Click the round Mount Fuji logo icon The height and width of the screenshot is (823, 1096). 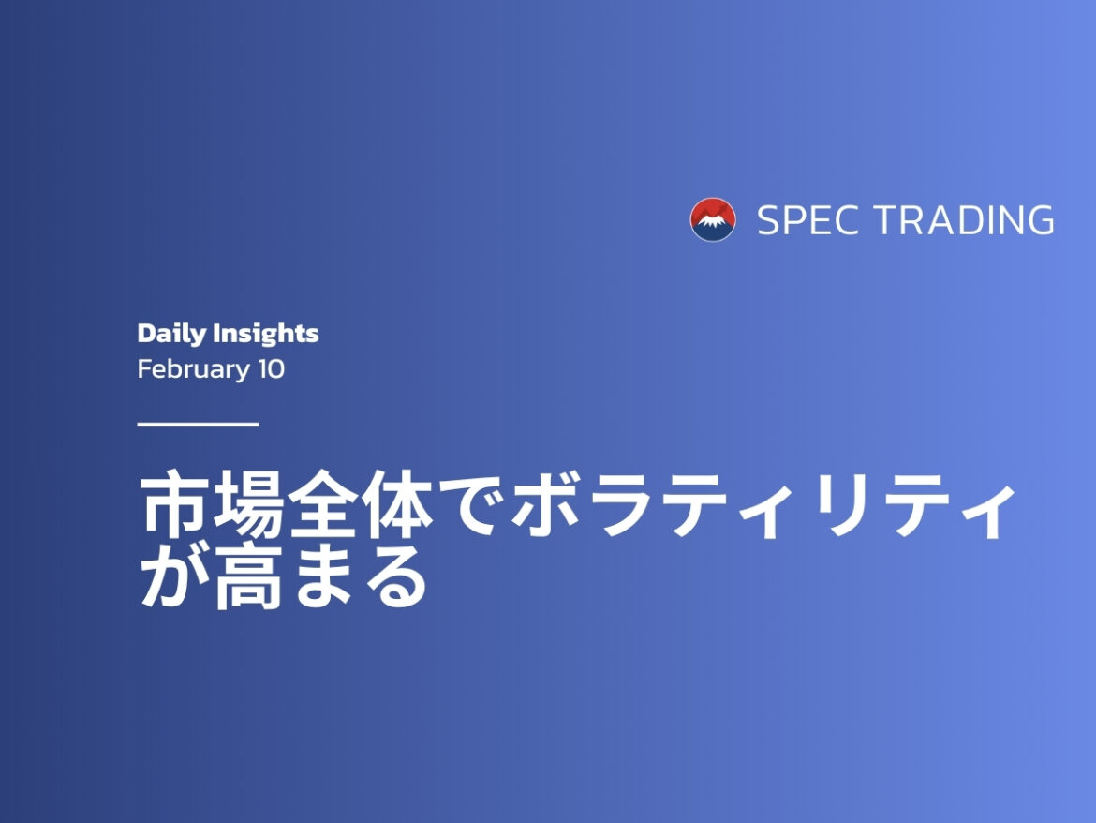pyautogui.click(x=713, y=220)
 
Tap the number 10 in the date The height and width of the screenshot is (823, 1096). pyautogui.click(x=271, y=369)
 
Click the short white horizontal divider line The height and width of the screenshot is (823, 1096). pyautogui.click(x=198, y=425)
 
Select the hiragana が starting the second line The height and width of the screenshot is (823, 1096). pyautogui.click(x=173, y=579)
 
